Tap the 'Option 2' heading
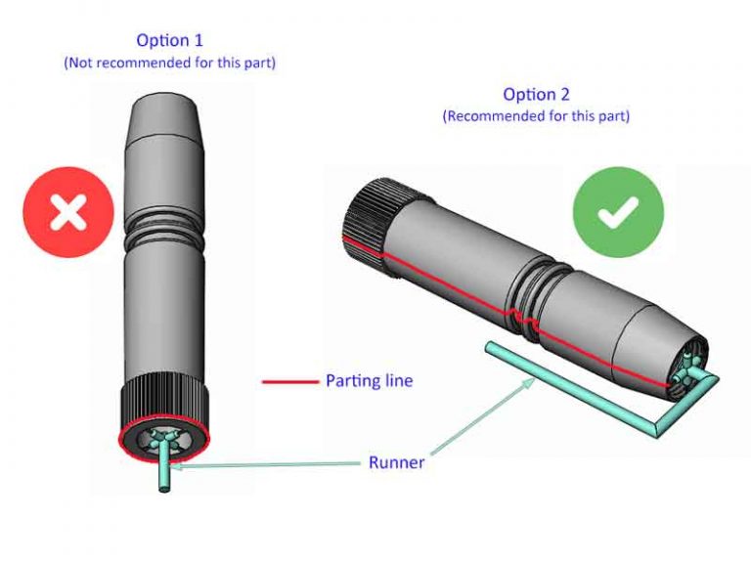536,95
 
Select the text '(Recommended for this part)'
536,115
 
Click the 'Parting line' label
369,380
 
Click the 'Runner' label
396,462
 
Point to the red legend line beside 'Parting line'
291,381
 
